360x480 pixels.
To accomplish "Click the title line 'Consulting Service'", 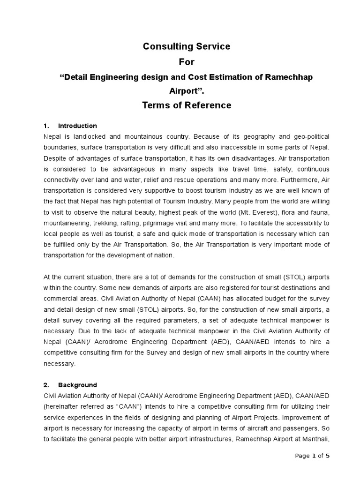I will pyautogui.click(x=187, y=46).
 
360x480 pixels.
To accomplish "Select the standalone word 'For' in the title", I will pyautogui.click(x=187, y=61).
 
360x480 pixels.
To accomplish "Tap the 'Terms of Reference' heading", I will pyautogui.click(x=187, y=105).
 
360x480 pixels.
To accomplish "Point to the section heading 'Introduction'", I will pyautogui.click(x=77, y=126).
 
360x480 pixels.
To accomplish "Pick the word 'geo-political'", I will pyautogui.click(x=311, y=136).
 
